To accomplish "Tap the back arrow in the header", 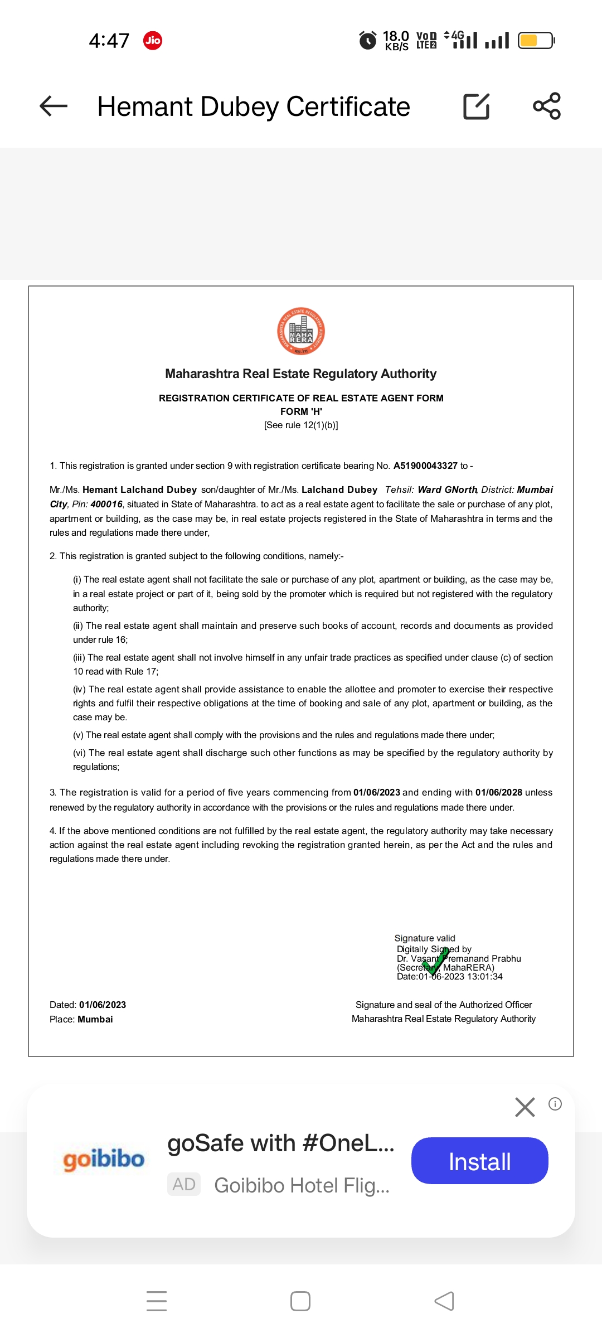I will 54,106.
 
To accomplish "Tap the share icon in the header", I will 547,106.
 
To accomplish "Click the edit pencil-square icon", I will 477,106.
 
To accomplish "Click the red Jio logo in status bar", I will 153,40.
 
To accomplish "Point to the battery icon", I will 536,40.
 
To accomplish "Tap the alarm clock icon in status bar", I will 368,40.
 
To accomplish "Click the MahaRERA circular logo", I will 301,331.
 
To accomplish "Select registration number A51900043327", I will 425,466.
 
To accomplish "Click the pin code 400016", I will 106,504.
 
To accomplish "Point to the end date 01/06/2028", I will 499,792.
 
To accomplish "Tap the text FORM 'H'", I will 301,411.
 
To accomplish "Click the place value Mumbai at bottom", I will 95,1019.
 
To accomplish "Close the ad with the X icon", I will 525,1107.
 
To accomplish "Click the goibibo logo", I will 104,1160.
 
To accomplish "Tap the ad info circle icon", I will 555,1104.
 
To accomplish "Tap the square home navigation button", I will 300,1301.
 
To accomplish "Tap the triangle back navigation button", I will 444,1301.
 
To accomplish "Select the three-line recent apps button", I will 157,1301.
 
